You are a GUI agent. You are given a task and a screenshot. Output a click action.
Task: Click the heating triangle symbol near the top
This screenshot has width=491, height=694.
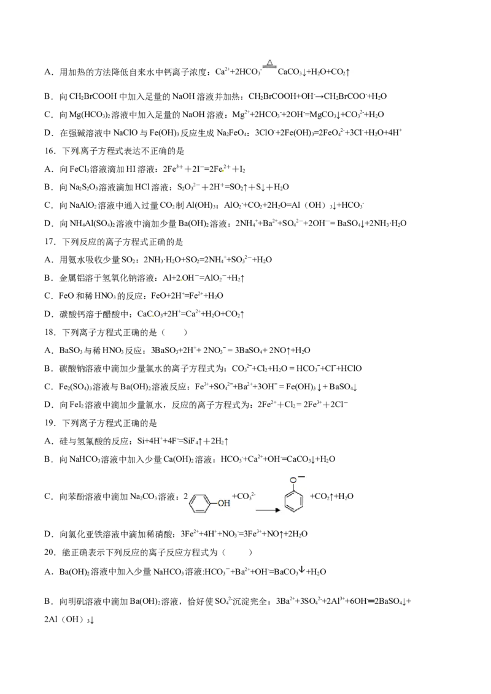pos(269,62)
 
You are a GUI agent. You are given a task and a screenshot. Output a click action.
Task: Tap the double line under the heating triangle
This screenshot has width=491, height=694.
pos(269,67)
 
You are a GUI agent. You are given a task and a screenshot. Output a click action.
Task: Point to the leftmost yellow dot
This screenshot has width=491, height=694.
pos(80,153)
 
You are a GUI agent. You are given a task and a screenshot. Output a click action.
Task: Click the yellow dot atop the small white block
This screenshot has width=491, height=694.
pos(223,170)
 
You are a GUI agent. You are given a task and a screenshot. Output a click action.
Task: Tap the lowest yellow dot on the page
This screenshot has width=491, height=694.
pos(153,316)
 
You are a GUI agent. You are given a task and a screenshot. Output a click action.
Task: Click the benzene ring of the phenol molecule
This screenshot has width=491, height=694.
pos(199,503)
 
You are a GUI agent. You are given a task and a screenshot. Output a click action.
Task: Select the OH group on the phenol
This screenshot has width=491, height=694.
pos(223,503)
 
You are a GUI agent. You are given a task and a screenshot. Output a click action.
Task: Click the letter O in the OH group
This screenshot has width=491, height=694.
pos(220,503)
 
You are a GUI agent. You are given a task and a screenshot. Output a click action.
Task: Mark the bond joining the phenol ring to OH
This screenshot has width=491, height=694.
pos(212,503)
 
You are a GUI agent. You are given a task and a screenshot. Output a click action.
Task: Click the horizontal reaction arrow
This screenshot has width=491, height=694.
pos(266,509)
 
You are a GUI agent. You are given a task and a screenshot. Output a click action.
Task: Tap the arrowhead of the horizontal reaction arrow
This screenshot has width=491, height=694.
pos(277,509)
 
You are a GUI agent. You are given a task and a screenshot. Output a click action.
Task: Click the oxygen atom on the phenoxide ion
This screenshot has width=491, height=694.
pos(293,479)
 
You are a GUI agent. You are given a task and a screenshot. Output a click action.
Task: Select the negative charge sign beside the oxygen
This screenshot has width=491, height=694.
pos(301,476)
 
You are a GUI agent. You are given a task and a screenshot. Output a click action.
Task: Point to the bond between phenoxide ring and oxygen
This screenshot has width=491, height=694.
pos(293,487)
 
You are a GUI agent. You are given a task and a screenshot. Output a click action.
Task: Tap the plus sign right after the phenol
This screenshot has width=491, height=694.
pos(234,495)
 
